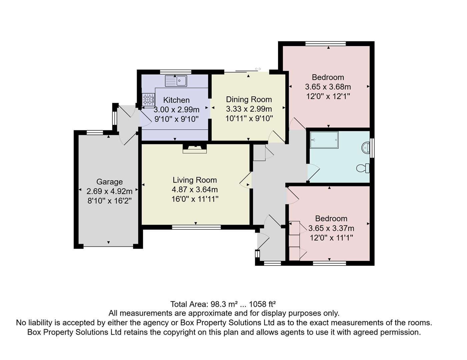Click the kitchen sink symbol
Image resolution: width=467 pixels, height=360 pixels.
click(x=176, y=81)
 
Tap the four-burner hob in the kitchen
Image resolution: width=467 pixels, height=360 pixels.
click(x=149, y=99)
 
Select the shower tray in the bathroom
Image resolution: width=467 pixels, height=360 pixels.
click(x=324, y=140)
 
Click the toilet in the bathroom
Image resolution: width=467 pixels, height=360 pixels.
click(x=363, y=168)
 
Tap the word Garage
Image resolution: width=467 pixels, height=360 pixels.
click(x=109, y=182)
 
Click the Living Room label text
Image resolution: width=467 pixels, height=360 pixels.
click(x=195, y=180)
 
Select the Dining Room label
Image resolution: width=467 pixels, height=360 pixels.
click(x=249, y=99)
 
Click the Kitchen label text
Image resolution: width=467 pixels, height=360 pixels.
click(x=176, y=100)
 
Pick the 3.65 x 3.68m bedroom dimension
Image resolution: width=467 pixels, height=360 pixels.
click(x=328, y=87)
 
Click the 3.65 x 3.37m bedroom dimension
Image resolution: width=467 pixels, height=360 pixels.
click(x=331, y=228)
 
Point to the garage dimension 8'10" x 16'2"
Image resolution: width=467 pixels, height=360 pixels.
click(x=109, y=201)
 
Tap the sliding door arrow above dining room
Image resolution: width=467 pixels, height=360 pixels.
click(x=258, y=69)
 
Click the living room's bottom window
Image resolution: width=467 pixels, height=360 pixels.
click(x=196, y=227)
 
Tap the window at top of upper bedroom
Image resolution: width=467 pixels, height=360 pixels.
click(x=325, y=43)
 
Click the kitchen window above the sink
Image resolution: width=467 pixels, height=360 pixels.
click(x=175, y=72)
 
